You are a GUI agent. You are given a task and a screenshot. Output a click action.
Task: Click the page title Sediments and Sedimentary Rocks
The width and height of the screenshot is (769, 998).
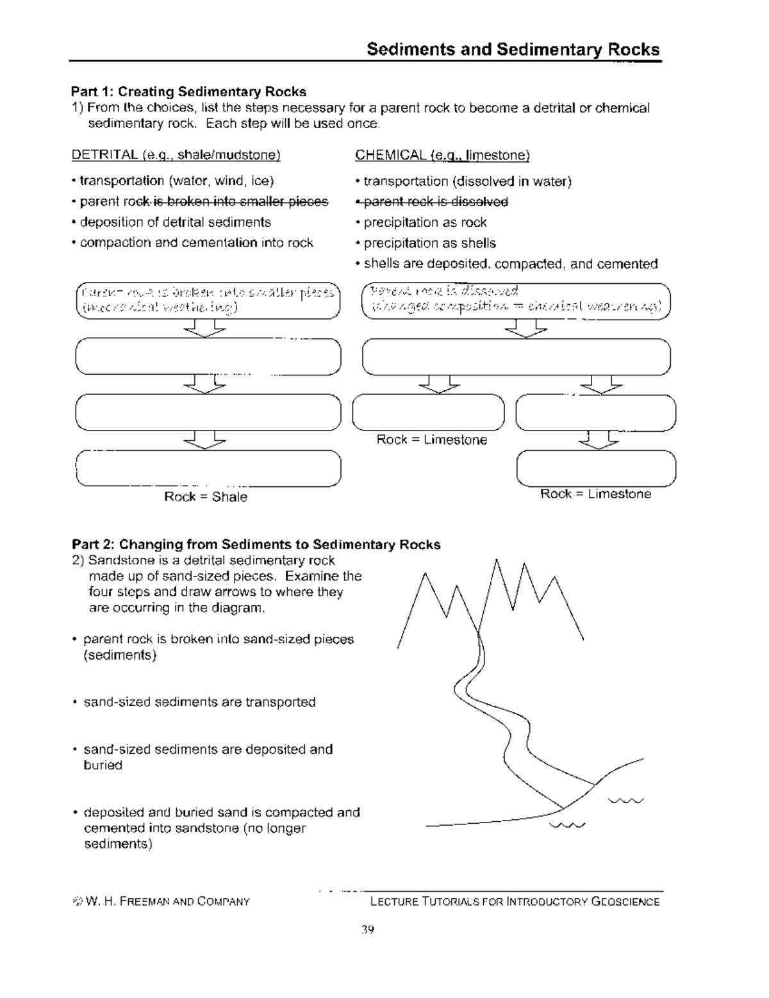tap(513, 50)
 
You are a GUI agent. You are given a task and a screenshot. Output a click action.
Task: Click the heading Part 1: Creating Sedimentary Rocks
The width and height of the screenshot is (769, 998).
tap(189, 92)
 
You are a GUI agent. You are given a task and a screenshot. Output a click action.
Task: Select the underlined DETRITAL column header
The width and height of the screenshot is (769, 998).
tap(176, 155)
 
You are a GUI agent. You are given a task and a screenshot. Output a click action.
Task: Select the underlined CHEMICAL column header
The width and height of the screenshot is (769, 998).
tap(442, 155)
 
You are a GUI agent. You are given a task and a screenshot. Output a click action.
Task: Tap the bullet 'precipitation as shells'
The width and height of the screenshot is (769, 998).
tap(429, 243)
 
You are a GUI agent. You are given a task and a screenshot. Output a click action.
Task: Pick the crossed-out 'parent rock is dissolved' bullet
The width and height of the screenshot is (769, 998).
tap(436, 202)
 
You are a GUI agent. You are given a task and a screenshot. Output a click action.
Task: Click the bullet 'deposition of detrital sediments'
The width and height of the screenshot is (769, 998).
tap(175, 222)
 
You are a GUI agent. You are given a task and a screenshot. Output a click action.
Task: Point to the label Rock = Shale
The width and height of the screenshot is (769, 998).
tap(206, 497)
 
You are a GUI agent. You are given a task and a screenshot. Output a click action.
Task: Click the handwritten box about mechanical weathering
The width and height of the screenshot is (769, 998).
tap(208, 300)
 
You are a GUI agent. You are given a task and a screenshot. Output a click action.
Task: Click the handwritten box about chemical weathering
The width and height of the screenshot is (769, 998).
tap(516, 300)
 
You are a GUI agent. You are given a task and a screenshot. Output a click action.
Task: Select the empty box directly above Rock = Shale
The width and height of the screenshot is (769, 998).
tap(208, 469)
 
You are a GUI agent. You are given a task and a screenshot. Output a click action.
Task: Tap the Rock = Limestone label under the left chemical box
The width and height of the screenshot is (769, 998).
tap(431, 440)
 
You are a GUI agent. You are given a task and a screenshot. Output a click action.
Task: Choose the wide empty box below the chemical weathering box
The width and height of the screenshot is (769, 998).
tap(516, 357)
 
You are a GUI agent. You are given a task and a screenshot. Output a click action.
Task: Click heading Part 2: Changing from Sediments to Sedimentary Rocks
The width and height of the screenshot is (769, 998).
tap(256, 544)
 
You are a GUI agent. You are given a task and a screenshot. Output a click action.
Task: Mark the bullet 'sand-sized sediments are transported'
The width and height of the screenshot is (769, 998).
tap(199, 702)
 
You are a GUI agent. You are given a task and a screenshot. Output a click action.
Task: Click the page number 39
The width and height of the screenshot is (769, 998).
tap(367, 929)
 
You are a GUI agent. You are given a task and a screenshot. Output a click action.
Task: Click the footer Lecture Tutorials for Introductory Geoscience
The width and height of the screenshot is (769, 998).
tap(515, 902)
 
